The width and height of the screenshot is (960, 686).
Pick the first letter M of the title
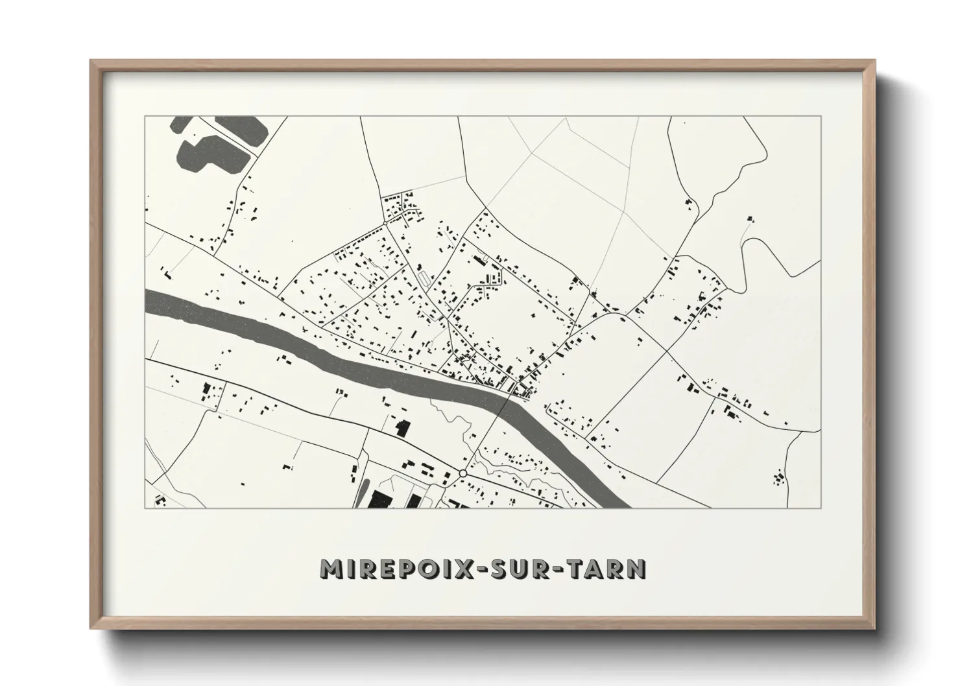click(x=331, y=569)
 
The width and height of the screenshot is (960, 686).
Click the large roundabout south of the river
click(x=462, y=474)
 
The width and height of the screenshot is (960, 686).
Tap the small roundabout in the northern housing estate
click(x=386, y=222)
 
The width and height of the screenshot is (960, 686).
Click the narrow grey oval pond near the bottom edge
click(x=361, y=492)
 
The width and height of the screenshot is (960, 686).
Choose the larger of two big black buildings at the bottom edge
click(x=380, y=499)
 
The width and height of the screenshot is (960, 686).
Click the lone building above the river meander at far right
click(x=751, y=219)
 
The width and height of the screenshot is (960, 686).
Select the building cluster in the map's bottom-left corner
click(x=160, y=501)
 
